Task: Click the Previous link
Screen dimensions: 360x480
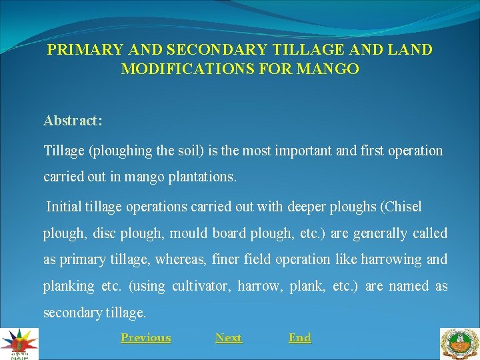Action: [145, 338]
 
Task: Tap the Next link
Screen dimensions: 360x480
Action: [229, 338]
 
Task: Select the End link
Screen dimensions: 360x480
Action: [299, 338]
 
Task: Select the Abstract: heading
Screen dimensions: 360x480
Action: [73, 121]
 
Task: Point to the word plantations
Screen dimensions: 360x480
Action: [201, 178]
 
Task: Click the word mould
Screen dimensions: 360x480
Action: [189, 233]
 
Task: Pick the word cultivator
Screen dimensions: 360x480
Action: [201, 286]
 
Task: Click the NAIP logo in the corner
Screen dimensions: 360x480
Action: [19, 344]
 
